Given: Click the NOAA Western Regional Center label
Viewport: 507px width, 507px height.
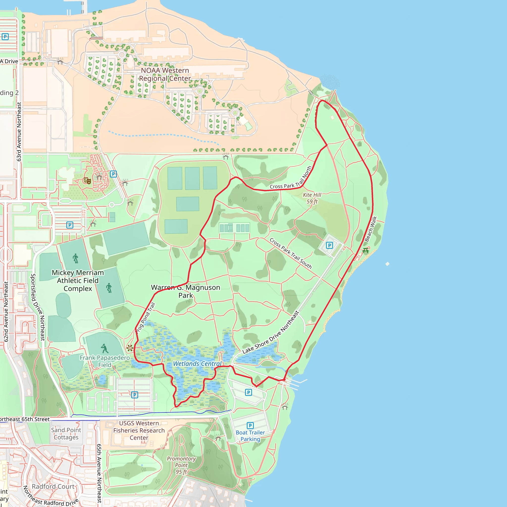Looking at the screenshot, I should pos(165,75).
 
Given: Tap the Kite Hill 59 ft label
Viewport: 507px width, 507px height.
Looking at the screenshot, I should pos(312,198).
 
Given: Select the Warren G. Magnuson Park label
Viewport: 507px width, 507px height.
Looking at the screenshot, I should pos(185,291).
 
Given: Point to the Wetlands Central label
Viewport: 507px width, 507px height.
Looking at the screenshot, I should pos(197,364).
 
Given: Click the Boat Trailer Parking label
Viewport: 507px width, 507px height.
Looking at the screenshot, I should pos(250,436).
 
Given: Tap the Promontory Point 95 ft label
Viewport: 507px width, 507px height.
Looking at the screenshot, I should pos(181,465).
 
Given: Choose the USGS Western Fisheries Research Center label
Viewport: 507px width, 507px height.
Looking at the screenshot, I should pos(139,430).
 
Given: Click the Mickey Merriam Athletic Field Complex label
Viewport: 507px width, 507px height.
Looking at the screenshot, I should pos(78,280).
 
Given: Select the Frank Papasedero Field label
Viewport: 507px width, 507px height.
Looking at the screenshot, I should pos(105,361).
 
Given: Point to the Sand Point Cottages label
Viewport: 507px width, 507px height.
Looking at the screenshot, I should pos(66,433).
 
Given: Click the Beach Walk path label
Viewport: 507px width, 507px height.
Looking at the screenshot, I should pos(371,229).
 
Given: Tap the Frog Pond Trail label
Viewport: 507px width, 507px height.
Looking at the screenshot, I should pos(146,318).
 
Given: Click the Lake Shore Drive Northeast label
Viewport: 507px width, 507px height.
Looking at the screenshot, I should pos(271,332).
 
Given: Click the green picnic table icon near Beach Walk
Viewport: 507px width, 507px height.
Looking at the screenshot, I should pos(366,251).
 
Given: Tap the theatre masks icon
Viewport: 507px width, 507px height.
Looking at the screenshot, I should pos(87,180).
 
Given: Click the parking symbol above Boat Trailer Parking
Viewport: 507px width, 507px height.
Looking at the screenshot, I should pos(250,425).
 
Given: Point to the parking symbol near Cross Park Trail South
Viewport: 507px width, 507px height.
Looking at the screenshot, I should pos(329,245).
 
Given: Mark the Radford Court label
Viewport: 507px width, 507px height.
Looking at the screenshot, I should pos(53,486).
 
